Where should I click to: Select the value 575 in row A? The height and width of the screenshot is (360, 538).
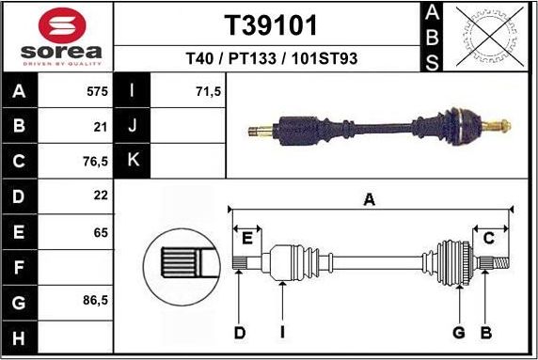pyautogui.click(x=98, y=92)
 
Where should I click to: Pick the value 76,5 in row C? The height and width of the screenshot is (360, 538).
pyautogui.click(x=96, y=160)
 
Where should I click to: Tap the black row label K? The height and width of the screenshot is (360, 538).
pyautogui.click(x=133, y=160)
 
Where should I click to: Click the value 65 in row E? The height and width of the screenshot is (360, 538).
pyautogui.click(x=101, y=231)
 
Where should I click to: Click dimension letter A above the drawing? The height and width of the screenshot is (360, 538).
pyautogui.click(x=370, y=198)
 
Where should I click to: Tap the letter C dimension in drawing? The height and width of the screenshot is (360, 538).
pyautogui.click(x=488, y=238)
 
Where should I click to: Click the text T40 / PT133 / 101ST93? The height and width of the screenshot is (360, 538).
pyautogui.click(x=270, y=59)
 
